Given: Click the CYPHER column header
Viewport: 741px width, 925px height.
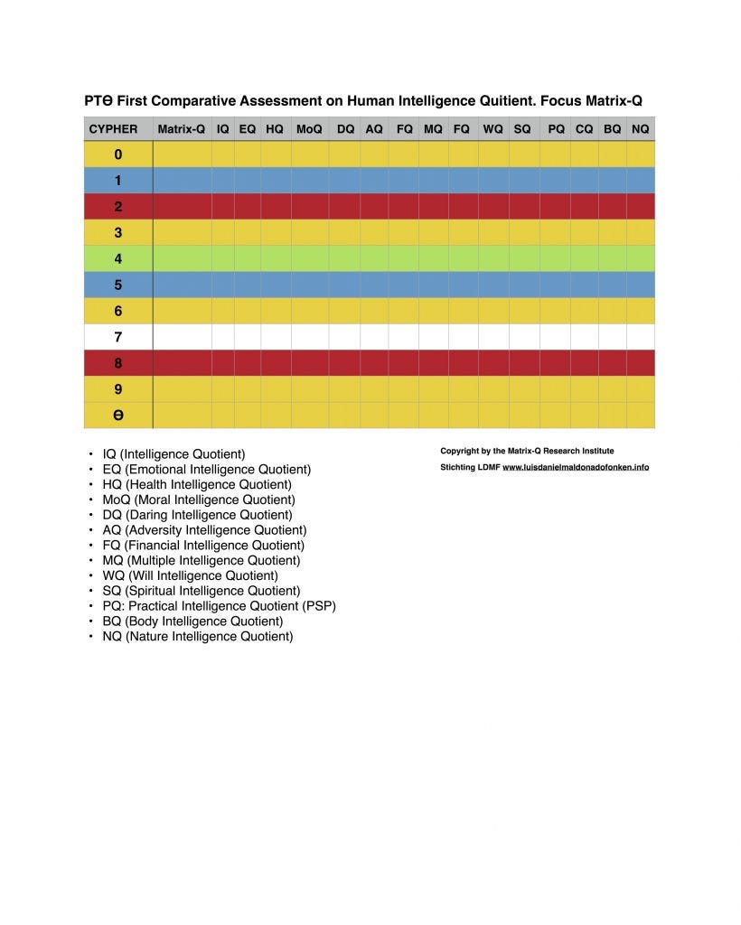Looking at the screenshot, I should click(x=113, y=129).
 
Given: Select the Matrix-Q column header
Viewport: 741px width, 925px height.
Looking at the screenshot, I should click(x=181, y=129).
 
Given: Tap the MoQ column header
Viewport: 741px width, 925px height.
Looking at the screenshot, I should click(x=309, y=129).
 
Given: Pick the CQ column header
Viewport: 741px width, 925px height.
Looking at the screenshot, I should click(x=585, y=129).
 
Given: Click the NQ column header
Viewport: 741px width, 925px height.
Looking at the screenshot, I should click(x=640, y=129).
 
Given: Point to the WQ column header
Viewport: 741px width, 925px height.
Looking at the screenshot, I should click(x=492, y=129).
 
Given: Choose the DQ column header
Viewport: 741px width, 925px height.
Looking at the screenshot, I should click(x=345, y=129).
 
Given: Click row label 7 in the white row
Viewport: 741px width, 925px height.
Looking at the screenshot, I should click(x=117, y=337).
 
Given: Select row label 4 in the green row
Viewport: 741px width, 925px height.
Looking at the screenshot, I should click(x=117, y=258).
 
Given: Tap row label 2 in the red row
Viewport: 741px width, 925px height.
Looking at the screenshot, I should click(x=117, y=206).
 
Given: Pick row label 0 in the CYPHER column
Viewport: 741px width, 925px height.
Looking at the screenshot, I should click(x=117, y=154).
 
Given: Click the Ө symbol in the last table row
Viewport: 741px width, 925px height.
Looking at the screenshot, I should click(x=117, y=416).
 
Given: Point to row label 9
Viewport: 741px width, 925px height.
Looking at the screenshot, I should click(x=117, y=389).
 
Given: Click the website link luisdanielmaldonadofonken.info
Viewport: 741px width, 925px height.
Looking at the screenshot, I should click(x=576, y=467).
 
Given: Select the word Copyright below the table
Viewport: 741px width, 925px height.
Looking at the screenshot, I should click(x=459, y=451).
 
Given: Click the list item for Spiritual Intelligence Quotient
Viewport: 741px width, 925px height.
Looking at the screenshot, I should click(x=202, y=591).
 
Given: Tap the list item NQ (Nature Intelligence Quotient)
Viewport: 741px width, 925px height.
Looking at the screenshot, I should click(x=198, y=636).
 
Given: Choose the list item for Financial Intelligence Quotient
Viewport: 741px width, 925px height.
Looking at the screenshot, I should click(x=203, y=545).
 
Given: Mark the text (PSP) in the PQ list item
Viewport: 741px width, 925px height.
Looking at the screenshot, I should click(x=320, y=605).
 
